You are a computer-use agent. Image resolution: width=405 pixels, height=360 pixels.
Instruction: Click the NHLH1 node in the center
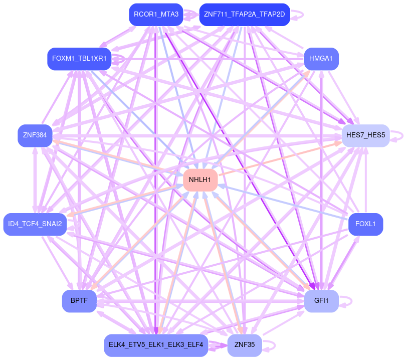200,180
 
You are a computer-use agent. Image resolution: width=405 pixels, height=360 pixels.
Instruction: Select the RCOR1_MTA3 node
156,14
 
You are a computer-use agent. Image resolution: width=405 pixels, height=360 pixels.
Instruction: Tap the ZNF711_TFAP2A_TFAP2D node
244,14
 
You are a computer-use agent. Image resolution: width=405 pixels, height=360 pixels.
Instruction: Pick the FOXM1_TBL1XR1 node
79,59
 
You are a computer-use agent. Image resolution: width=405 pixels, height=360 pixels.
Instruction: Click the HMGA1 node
321,59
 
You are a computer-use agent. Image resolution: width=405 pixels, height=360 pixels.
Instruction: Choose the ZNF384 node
35,135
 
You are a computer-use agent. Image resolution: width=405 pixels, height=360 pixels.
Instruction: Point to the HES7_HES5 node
365,135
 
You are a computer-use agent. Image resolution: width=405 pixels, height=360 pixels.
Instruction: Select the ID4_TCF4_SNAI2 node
35,224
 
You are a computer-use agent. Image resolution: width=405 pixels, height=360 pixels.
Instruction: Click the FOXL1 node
365,224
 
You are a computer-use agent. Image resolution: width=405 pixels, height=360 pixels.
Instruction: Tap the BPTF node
79,301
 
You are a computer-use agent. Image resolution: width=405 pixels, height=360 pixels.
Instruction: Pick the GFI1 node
321,301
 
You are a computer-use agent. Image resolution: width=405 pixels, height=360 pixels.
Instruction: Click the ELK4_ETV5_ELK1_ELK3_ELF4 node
156,345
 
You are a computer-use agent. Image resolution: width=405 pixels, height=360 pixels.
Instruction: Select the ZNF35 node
244,345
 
